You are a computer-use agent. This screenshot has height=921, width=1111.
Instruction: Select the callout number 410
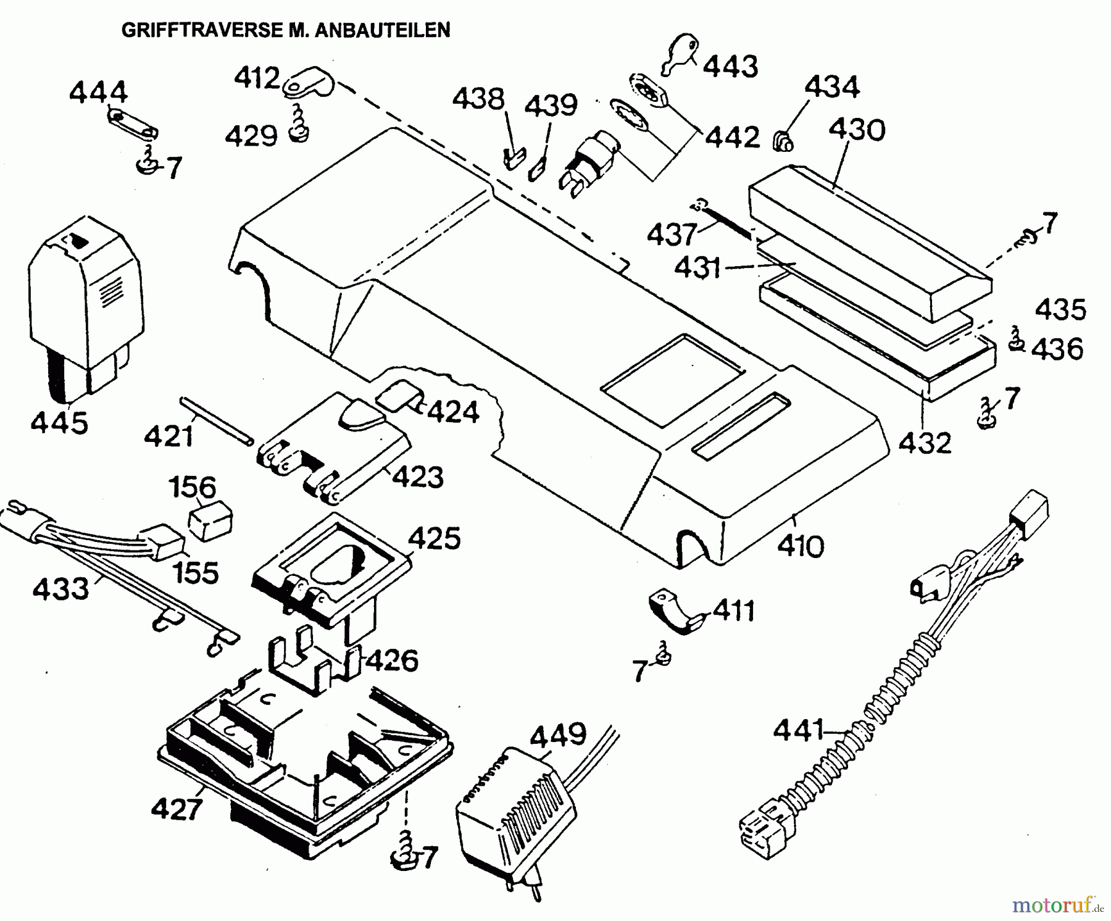click(801, 546)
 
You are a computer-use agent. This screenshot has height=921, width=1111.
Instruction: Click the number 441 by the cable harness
click(799, 731)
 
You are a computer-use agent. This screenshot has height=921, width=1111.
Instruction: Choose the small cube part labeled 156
click(210, 522)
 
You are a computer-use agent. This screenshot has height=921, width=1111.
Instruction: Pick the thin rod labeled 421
click(216, 420)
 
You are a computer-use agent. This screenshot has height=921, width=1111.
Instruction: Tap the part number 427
click(177, 808)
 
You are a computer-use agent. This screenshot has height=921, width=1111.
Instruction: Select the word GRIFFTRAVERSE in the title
click(202, 30)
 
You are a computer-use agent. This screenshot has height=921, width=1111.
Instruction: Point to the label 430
click(857, 131)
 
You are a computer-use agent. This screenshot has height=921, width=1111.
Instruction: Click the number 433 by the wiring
click(60, 589)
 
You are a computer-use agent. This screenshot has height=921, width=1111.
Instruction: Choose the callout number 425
click(434, 538)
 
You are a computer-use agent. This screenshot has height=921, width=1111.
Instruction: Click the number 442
click(733, 137)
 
